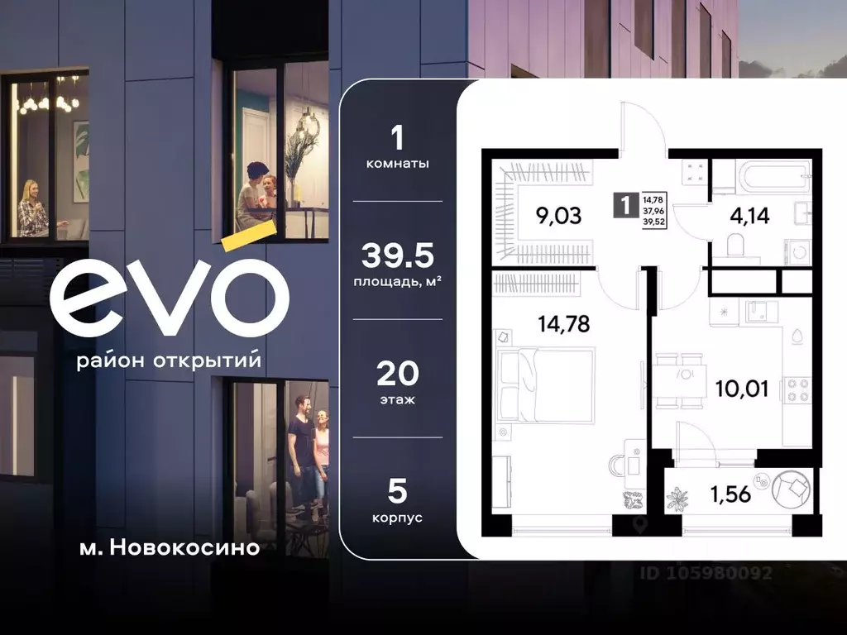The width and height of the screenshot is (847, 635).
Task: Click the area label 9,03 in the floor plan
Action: (558, 217)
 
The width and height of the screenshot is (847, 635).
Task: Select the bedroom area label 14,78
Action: (563, 324)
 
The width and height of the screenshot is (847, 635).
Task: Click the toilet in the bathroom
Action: (735, 246)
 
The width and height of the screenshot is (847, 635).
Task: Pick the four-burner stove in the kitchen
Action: (799, 389)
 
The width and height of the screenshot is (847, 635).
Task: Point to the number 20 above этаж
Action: (397, 375)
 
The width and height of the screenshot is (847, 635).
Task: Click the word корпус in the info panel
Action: (397, 518)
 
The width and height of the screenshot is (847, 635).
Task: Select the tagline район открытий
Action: (169, 361)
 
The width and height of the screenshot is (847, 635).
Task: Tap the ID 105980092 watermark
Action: (707, 572)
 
